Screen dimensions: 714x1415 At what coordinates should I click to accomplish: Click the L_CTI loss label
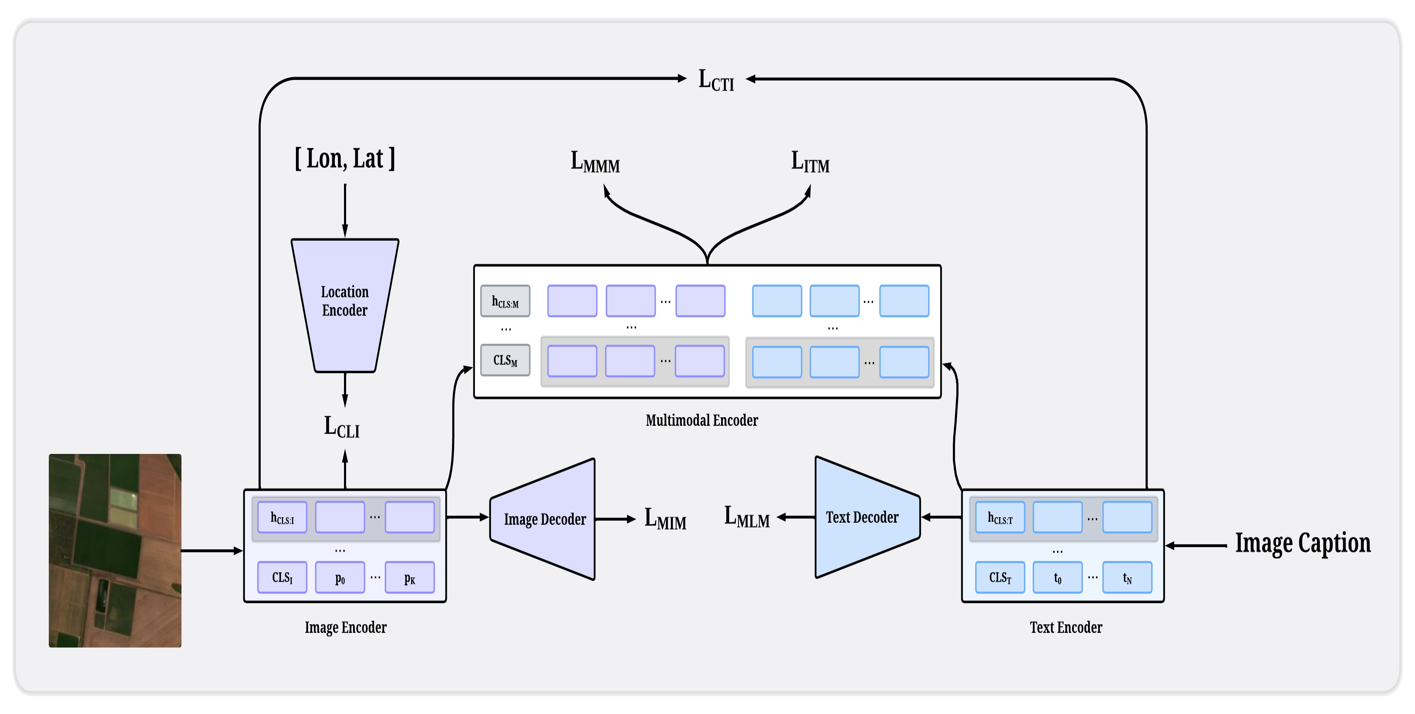click(x=716, y=80)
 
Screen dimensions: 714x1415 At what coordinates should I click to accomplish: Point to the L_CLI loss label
click(x=341, y=427)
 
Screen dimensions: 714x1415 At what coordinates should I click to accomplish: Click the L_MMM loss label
click(x=595, y=162)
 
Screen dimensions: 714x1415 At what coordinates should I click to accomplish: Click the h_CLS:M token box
click(x=505, y=301)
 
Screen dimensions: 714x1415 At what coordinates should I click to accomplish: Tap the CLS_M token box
click(x=505, y=360)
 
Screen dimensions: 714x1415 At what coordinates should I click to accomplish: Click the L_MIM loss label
click(x=665, y=518)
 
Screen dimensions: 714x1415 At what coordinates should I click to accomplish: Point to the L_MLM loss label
click(x=747, y=517)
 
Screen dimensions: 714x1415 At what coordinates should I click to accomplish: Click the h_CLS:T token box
click(x=1000, y=517)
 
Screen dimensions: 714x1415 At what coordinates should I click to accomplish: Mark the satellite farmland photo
click(x=115, y=550)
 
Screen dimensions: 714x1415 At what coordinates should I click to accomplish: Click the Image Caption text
click(x=1302, y=543)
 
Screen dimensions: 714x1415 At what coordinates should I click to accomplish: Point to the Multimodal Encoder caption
click(x=702, y=420)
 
